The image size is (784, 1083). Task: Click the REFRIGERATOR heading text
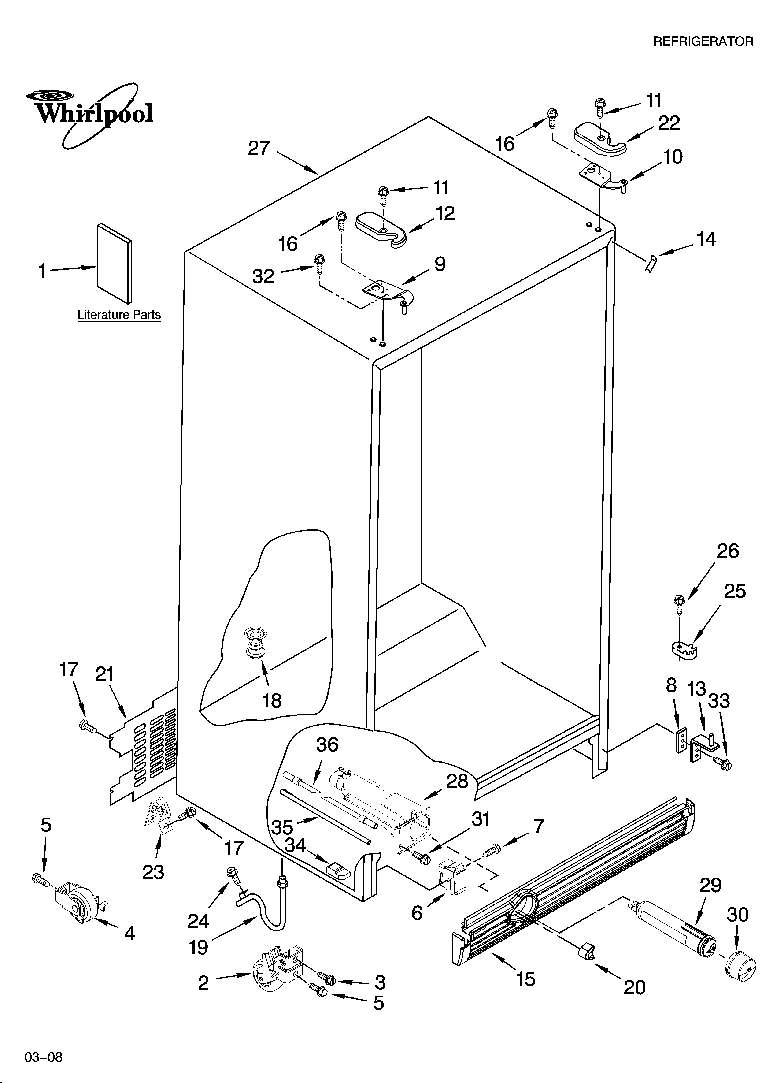tap(703, 41)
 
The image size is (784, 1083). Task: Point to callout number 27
tap(259, 149)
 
